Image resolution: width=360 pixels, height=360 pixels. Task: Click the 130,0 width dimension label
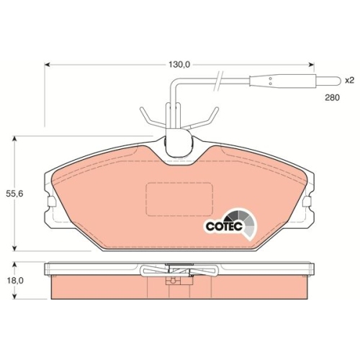tap(179, 65)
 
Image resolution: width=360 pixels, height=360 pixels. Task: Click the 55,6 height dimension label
tap(15, 194)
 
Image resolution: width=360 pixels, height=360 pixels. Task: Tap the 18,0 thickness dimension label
tap(15, 281)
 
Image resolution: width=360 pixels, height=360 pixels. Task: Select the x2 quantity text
tap(349, 80)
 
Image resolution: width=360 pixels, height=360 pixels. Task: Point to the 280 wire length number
tap(333, 98)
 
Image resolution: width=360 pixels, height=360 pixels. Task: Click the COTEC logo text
tap(224, 226)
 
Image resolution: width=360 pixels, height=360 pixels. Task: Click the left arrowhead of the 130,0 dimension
tap(48, 65)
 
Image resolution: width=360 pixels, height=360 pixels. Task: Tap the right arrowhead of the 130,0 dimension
tap(311, 65)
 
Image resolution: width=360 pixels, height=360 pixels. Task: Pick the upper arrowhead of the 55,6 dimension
tap(15, 139)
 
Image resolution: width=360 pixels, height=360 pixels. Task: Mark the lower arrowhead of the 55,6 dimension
tap(15, 248)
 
